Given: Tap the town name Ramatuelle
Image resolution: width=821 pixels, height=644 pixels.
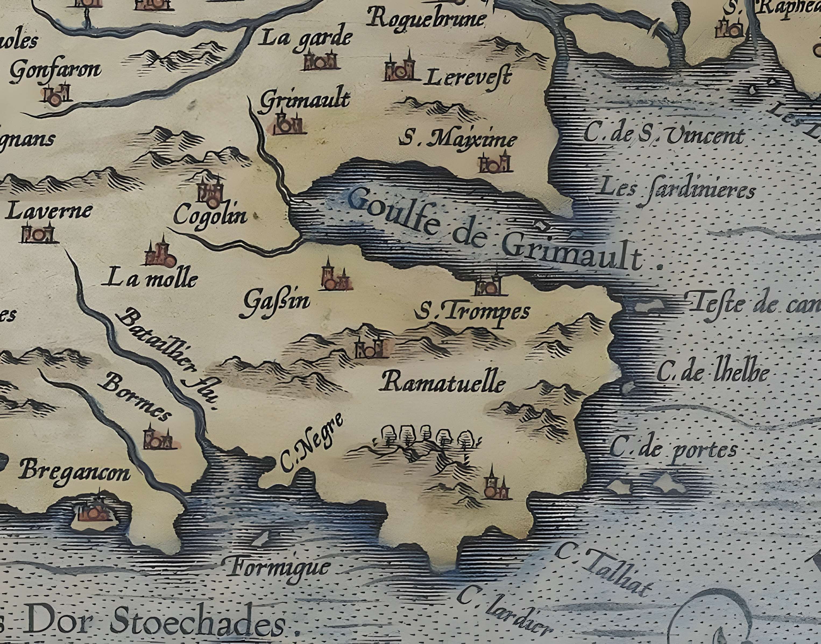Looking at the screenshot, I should pos(444,384).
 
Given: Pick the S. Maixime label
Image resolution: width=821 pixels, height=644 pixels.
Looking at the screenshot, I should pos(458,140).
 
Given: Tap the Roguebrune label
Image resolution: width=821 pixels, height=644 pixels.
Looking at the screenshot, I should pos(427,18).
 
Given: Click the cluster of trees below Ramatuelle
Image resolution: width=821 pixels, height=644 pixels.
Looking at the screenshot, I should pos(426,437).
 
